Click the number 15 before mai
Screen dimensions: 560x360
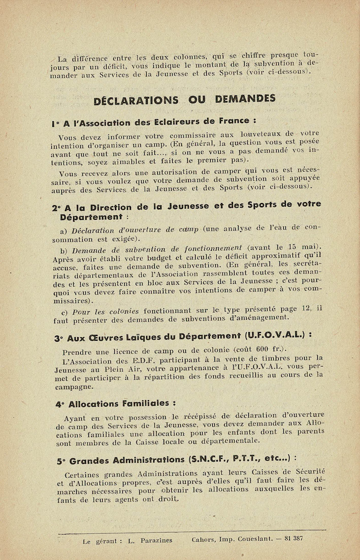(x=291, y=246)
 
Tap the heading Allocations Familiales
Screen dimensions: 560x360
(x=119, y=404)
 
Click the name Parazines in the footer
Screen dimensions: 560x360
(x=155, y=541)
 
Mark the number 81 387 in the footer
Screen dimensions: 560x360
(x=291, y=538)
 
